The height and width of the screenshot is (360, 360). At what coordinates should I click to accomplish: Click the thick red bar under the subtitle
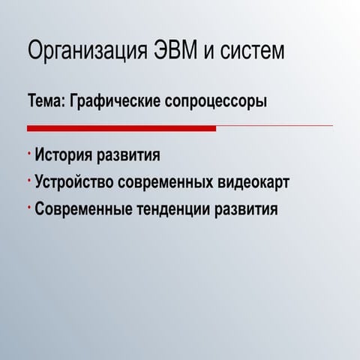point(121,129)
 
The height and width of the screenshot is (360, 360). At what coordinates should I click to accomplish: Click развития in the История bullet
point(136,157)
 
